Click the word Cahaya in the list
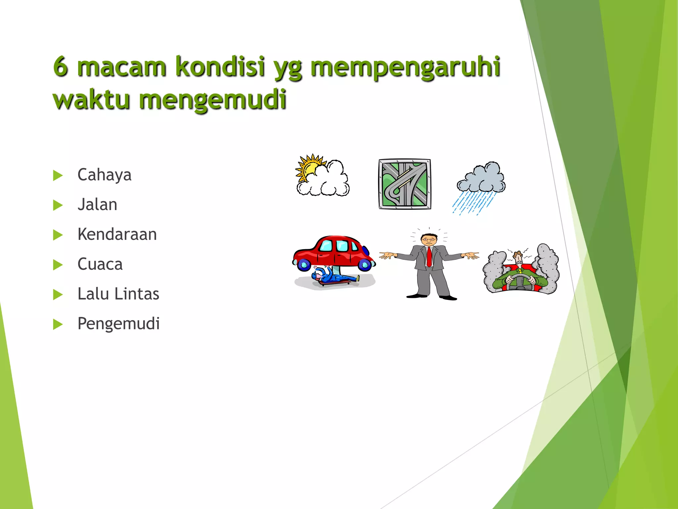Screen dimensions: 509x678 (104, 175)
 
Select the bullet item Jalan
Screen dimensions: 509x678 (97, 205)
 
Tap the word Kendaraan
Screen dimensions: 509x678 (117, 235)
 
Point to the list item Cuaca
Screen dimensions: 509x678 (100, 264)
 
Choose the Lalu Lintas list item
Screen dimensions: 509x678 (118, 294)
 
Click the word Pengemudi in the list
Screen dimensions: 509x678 (118, 324)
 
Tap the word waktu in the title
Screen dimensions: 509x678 (91, 99)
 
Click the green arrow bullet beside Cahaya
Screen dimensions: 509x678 (58, 175)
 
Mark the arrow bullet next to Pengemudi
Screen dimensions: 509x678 (58, 324)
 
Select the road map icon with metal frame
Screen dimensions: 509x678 (405, 184)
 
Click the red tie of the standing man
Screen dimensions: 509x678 (429, 257)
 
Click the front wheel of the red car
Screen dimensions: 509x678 (365, 264)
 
